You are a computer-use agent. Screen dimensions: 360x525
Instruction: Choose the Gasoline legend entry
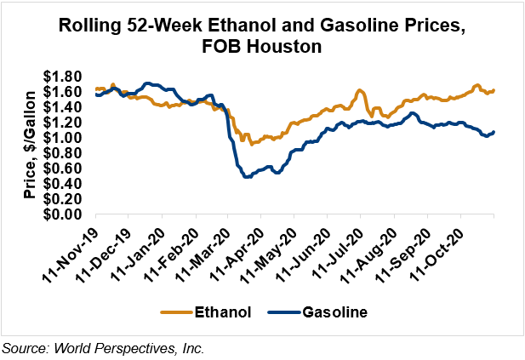tap(334, 312)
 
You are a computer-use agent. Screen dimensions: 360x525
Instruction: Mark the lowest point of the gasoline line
tap(246, 176)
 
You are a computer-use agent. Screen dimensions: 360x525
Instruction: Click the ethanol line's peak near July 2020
tap(360, 90)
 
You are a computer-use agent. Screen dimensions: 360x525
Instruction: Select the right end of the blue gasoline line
tap(494, 131)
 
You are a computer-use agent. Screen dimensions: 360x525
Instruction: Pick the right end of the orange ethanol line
tap(494, 90)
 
